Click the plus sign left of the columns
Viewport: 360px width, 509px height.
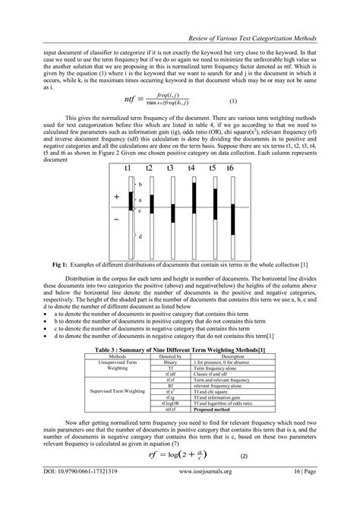[x=117, y=196]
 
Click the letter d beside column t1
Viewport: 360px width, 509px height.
[x=140, y=236]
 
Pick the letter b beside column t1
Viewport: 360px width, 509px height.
[x=140, y=185]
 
